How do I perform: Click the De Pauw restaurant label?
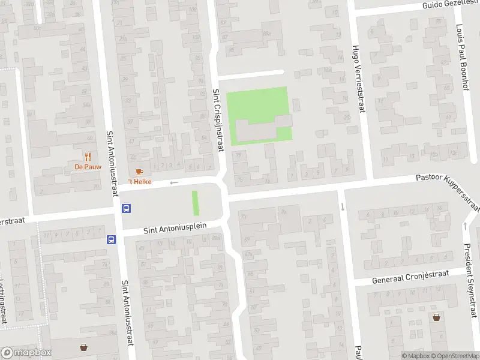(88, 166)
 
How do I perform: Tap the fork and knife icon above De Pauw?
(88, 157)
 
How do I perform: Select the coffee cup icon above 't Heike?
(139, 172)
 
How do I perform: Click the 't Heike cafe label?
(139, 181)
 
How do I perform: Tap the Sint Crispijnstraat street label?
(217, 120)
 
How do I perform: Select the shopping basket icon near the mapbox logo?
(84, 347)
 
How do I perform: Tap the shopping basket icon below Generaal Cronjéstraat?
(436, 317)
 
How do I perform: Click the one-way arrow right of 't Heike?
(174, 182)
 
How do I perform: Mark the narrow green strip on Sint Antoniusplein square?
(194, 203)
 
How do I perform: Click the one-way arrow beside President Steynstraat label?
(466, 226)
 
